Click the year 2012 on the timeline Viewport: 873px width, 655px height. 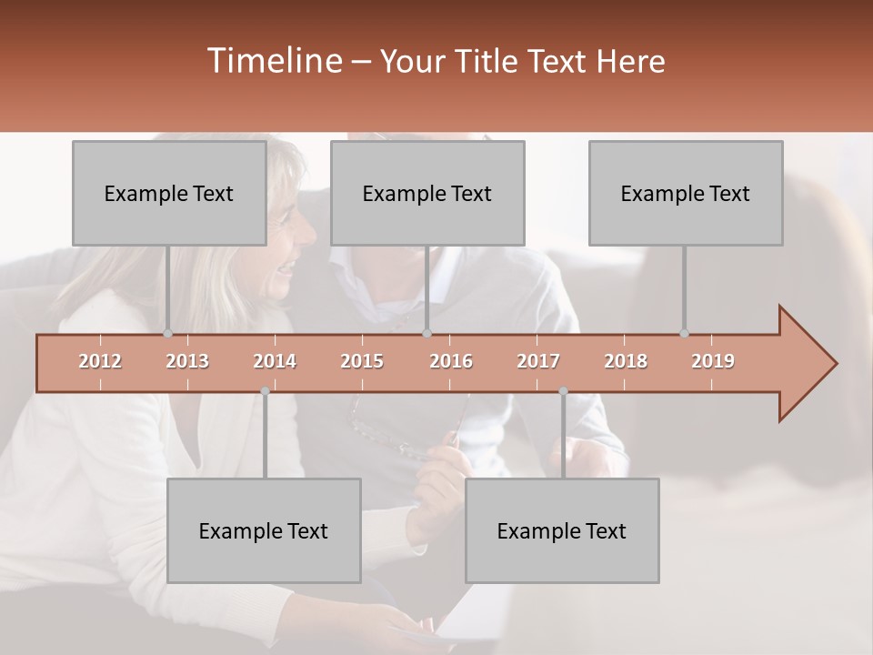click(100, 361)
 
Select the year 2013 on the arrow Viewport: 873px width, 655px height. click(187, 361)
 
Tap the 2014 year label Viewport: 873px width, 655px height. click(275, 361)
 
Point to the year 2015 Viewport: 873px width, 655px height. click(362, 361)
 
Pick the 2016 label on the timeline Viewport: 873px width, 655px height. click(451, 361)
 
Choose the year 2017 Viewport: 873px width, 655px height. click(538, 361)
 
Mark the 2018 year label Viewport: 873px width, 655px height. click(626, 361)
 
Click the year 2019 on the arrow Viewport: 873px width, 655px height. click(713, 361)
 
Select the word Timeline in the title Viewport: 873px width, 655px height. click(274, 61)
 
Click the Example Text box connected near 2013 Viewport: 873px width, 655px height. click(169, 193)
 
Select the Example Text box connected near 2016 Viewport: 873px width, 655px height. click(427, 193)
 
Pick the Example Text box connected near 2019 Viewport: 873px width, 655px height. click(686, 193)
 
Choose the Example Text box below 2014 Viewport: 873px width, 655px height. click(264, 530)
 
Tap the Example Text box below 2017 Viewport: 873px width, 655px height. click(562, 530)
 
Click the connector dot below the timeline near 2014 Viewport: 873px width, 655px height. click(265, 391)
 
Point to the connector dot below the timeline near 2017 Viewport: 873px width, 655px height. click(563, 391)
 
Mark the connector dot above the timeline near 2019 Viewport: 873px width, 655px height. click(684, 333)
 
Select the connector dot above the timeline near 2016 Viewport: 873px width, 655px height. click(427, 333)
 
